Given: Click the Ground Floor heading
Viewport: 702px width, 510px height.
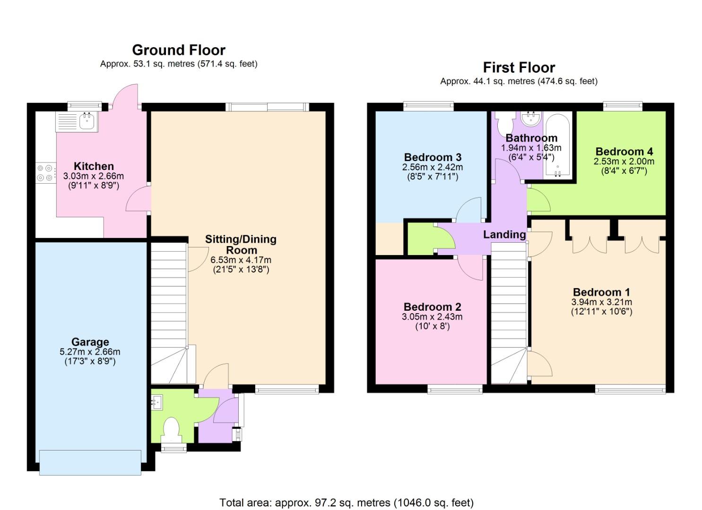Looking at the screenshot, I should click(x=178, y=50).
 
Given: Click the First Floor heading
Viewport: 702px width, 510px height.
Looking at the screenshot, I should click(x=519, y=68).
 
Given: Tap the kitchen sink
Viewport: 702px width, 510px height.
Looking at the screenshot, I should click(x=87, y=122).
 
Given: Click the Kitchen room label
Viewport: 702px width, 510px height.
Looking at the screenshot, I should click(x=94, y=166).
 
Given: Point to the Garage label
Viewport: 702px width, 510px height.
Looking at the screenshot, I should click(x=90, y=342).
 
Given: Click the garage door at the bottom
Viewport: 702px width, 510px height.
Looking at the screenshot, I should click(x=90, y=462).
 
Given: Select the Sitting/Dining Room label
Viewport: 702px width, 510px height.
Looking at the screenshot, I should click(x=241, y=245).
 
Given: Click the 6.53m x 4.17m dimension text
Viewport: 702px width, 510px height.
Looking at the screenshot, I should click(x=241, y=260).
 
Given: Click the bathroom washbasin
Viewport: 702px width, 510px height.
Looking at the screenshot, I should click(x=531, y=119).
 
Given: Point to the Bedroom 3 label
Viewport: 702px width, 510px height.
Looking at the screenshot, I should click(x=433, y=157).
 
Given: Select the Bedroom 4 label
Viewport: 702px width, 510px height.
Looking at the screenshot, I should click(x=624, y=152).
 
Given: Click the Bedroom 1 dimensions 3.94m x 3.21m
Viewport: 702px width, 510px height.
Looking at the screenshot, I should click(x=601, y=302).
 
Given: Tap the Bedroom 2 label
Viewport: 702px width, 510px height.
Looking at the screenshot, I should click(x=432, y=307).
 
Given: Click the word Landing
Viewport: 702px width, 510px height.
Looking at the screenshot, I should click(x=504, y=235).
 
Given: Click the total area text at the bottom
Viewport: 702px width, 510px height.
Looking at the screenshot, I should click(x=346, y=502).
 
